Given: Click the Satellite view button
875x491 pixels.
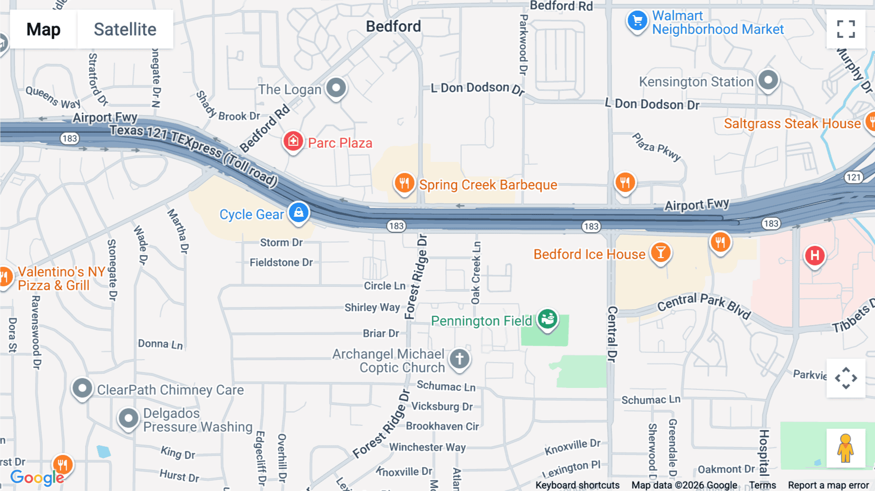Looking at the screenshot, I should pyautogui.click(x=125, y=29).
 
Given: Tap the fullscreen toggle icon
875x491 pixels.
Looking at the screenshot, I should pyautogui.click(x=846, y=29).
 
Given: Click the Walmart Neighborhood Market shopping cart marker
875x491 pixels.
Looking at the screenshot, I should pyautogui.click(x=637, y=21).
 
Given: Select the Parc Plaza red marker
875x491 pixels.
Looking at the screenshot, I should pyautogui.click(x=293, y=141).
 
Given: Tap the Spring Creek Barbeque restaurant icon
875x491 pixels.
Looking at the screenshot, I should pyautogui.click(x=404, y=184).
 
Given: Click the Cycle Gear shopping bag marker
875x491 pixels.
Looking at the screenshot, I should pyautogui.click(x=298, y=213).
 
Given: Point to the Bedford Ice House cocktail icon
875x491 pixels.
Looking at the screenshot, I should pyautogui.click(x=660, y=253).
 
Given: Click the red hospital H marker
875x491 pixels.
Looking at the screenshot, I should pyautogui.click(x=815, y=255).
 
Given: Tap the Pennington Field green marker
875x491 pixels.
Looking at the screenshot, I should pyautogui.click(x=547, y=319).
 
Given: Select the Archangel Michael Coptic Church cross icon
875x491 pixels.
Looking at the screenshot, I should pyautogui.click(x=459, y=359).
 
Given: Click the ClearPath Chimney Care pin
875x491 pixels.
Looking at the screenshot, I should pyautogui.click(x=82, y=388).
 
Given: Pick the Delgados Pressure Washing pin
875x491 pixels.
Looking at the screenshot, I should pyautogui.click(x=128, y=418).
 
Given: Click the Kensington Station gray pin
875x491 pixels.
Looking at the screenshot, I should pyautogui.click(x=768, y=80).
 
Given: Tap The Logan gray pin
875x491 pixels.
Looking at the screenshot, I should pyautogui.click(x=336, y=88).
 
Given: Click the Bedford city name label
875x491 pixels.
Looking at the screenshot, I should pyautogui.click(x=393, y=26).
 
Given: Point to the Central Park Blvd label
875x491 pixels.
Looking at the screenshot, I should pyautogui.click(x=704, y=305).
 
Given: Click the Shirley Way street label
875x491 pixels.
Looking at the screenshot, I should pyautogui.click(x=372, y=307).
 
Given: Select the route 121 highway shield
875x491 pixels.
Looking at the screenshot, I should pyautogui.click(x=854, y=177).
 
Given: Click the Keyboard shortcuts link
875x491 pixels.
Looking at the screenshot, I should pyautogui.click(x=577, y=485).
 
